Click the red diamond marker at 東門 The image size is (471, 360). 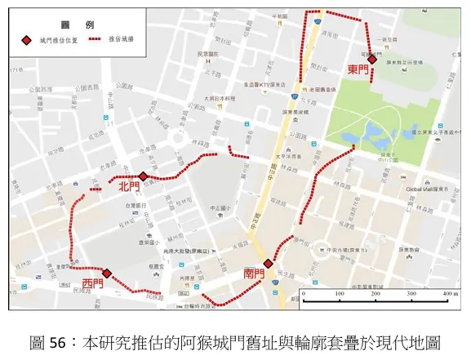371,59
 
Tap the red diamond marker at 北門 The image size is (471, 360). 143,176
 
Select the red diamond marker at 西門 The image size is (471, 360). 107,273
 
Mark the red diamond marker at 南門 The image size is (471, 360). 268,263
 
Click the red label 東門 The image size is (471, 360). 358,70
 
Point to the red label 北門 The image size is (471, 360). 129,187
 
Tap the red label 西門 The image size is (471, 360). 92,283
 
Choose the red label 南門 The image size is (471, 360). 254,273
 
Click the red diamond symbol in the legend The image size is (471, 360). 25,40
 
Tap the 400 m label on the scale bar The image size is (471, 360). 449,293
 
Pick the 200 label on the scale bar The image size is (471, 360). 375,293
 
